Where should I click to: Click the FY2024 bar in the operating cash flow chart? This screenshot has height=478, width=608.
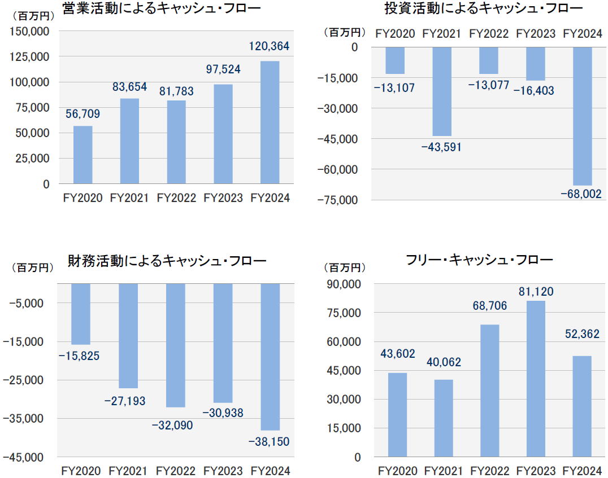(x=270, y=122)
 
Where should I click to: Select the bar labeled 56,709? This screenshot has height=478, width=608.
(x=83, y=155)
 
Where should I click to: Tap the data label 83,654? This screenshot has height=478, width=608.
(x=129, y=86)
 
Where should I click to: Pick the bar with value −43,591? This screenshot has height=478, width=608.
(x=442, y=91)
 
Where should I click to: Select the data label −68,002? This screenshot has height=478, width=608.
(x=581, y=194)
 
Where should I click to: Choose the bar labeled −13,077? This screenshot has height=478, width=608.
(x=489, y=60)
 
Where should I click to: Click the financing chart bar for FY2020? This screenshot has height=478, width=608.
(x=81, y=314)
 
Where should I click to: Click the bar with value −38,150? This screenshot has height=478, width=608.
(x=270, y=357)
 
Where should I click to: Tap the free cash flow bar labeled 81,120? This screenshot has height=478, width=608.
(x=535, y=379)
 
